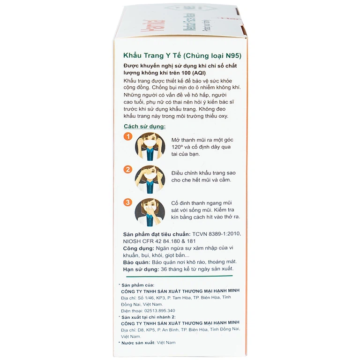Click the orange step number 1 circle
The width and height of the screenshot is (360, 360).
click(127, 137)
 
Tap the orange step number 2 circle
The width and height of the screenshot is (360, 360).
click(127, 170)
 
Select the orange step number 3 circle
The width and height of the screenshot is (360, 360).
click(127, 202)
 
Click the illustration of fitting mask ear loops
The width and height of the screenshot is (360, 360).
click(150, 147)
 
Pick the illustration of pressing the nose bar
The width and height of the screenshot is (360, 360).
click(150, 212)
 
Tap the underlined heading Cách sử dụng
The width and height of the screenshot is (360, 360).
click(144, 127)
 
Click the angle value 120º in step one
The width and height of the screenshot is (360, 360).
click(179, 148)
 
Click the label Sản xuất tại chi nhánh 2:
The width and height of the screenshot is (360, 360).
click(148, 317)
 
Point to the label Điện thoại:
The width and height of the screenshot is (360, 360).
click(131, 310)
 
